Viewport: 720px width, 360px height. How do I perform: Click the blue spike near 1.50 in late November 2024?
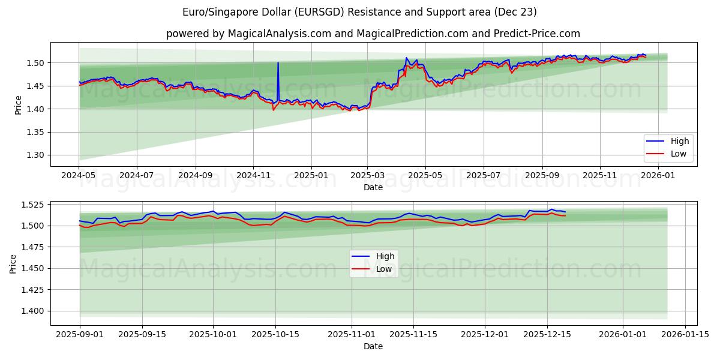click(278, 64)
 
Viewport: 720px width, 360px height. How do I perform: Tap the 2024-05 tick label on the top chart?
click(79, 175)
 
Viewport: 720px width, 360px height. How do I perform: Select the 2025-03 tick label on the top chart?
click(367, 175)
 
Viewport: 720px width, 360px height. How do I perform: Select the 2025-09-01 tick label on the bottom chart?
click(80, 334)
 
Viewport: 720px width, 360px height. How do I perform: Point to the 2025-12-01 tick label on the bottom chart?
click(484, 334)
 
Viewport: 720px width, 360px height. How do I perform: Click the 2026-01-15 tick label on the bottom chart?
click(686, 334)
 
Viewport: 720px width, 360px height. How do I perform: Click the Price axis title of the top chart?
click(18, 104)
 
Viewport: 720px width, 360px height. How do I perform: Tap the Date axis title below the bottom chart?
click(373, 346)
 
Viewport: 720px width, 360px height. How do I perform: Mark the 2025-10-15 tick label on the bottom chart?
click(275, 334)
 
